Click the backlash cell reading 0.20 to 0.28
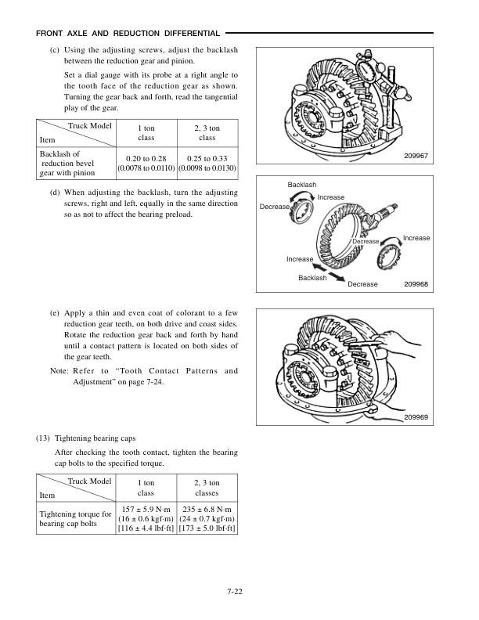click(146, 163)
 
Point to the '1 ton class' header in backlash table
click(146, 132)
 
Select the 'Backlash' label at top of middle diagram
click(302, 185)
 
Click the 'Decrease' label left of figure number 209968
click(362, 284)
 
